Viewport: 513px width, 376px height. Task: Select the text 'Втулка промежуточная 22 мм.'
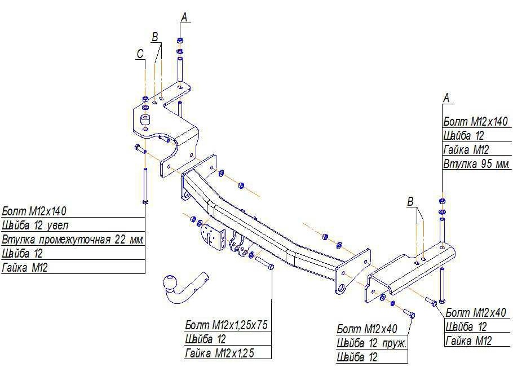click(x=73, y=239)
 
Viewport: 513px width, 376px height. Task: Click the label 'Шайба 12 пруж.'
click(x=372, y=343)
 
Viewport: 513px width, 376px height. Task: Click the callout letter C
click(x=140, y=54)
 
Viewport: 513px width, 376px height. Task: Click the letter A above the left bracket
click(x=184, y=17)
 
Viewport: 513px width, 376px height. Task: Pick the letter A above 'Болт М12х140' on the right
click(x=446, y=98)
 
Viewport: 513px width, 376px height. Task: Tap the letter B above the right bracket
click(x=410, y=201)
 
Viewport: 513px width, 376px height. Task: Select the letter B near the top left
click(x=155, y=37)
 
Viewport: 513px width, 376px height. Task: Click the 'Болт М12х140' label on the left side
click(x=34, y=211)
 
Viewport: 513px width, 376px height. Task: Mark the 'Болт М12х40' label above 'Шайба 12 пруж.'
click(x=367, y=329)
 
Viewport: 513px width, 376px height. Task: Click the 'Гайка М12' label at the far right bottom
click(x=468, y=340)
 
